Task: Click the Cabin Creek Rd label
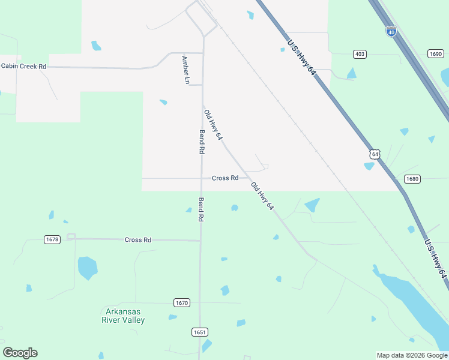[23, 66]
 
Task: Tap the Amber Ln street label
[185, 70]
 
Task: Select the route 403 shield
[360, 54]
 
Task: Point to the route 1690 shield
[435, 54]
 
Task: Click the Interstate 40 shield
[391, 31]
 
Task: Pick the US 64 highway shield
[375, 154]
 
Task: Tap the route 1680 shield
[412, 179]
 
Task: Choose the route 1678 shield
[52, 239]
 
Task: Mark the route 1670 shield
[182, 302]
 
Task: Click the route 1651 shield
[200, 332]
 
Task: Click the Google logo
[20, 353]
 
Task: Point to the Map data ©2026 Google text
[412, 355]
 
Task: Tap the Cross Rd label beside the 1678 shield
[137, 240]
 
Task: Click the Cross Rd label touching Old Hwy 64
[225, 178]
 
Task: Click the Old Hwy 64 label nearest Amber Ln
[213, 125]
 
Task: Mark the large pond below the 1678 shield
[87, 268]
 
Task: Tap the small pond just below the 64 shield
[369, 166]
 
